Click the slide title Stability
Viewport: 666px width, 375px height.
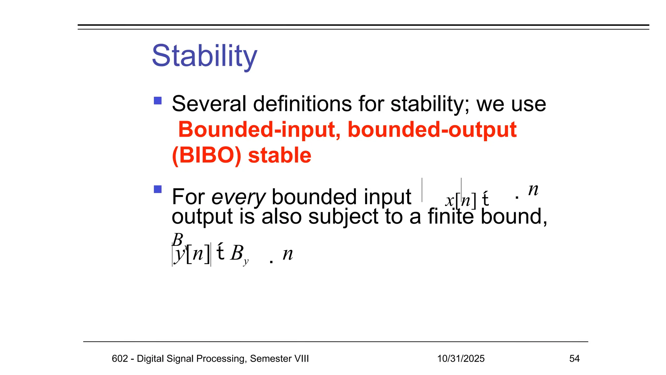204,56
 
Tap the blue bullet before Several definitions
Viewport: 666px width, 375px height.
158,101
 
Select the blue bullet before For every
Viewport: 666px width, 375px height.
158,189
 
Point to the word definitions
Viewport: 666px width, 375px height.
302,104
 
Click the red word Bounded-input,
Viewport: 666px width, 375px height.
259,130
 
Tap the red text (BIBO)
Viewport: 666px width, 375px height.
206,155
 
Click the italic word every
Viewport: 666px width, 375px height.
238,197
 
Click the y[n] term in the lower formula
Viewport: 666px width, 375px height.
192,254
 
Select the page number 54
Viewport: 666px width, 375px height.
574,359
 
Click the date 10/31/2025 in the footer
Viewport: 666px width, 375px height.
461,359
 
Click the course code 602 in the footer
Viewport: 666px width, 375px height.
120,359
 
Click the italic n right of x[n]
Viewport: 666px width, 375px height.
533,190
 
